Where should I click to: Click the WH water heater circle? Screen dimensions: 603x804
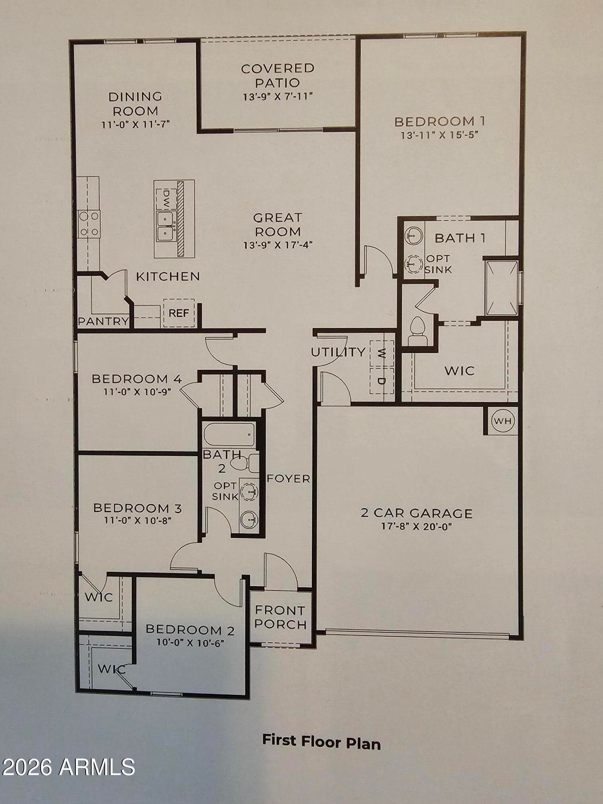click(x=503, y=421)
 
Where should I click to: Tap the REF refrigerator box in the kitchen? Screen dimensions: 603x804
click(x=179, y=313)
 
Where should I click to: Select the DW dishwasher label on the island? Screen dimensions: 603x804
click(x=167, y=199)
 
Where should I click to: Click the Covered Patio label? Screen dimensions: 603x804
click(x=278, y=76)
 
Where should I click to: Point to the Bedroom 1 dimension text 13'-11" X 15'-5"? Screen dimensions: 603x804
click(x=439, y=135)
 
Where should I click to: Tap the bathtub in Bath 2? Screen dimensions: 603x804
click(x=229, y=434)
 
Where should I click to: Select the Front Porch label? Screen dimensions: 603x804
click(x=281, y=617)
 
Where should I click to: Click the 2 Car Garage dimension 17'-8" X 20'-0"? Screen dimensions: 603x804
click(x=416, y=526)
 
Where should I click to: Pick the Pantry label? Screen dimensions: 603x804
click(x=103, y=321)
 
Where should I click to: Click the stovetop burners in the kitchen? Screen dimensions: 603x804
click(x=89, y=224)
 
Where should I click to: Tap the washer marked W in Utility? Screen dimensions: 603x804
click(x=381, y=353)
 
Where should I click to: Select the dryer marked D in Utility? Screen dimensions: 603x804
click(x=381, y=380)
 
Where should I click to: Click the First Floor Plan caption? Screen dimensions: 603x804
click(x=321, y=741)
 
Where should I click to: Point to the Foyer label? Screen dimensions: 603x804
click(x=289, y=478)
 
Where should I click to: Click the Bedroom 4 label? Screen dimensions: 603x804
click(x=137, y=379)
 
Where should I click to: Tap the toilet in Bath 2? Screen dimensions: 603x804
click(x=246, y=464)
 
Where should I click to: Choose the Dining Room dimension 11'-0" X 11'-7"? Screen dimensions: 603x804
click(x=135, y=124)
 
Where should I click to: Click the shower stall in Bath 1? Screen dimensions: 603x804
click(x=502, y=288)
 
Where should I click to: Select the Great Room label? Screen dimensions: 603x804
click(x=278, y=224)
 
